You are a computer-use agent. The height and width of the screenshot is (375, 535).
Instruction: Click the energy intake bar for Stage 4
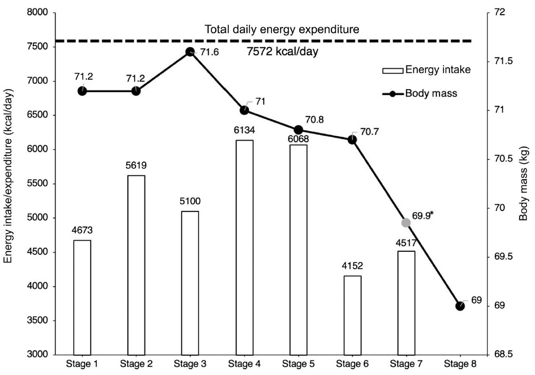pyautogui.click(x=244, y=247)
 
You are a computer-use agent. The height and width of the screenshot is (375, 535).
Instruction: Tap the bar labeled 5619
pyautogui.click(x=136, y=265)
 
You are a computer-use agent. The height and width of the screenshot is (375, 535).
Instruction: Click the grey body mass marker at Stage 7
pyautogui.click(x=406, y=222)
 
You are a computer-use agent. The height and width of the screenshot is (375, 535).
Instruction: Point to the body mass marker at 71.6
pyautogui.click(x=190, y=52)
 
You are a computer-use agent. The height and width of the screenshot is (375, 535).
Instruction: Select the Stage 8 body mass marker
pyautogui.click(x=460, y=306)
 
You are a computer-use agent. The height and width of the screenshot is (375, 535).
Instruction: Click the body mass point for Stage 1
pyautogui.click(x=82, y=91)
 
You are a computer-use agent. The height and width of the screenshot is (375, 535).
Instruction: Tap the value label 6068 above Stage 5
pyautogui.click(x=298, y=139)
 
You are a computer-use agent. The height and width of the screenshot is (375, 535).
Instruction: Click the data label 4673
pyautogui.click(x=82, y=231)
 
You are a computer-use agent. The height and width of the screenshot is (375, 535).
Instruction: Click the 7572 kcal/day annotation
pyautogui.click(x=282, y=51)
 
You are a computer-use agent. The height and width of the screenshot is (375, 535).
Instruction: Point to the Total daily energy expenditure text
pyautogui.click(x=282, y=30)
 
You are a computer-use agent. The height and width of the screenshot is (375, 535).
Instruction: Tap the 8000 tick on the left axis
pyautogui.click(x=38, y=13)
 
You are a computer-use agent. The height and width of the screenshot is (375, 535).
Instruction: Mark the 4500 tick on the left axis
pyautogui.click(x=38, y=252)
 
